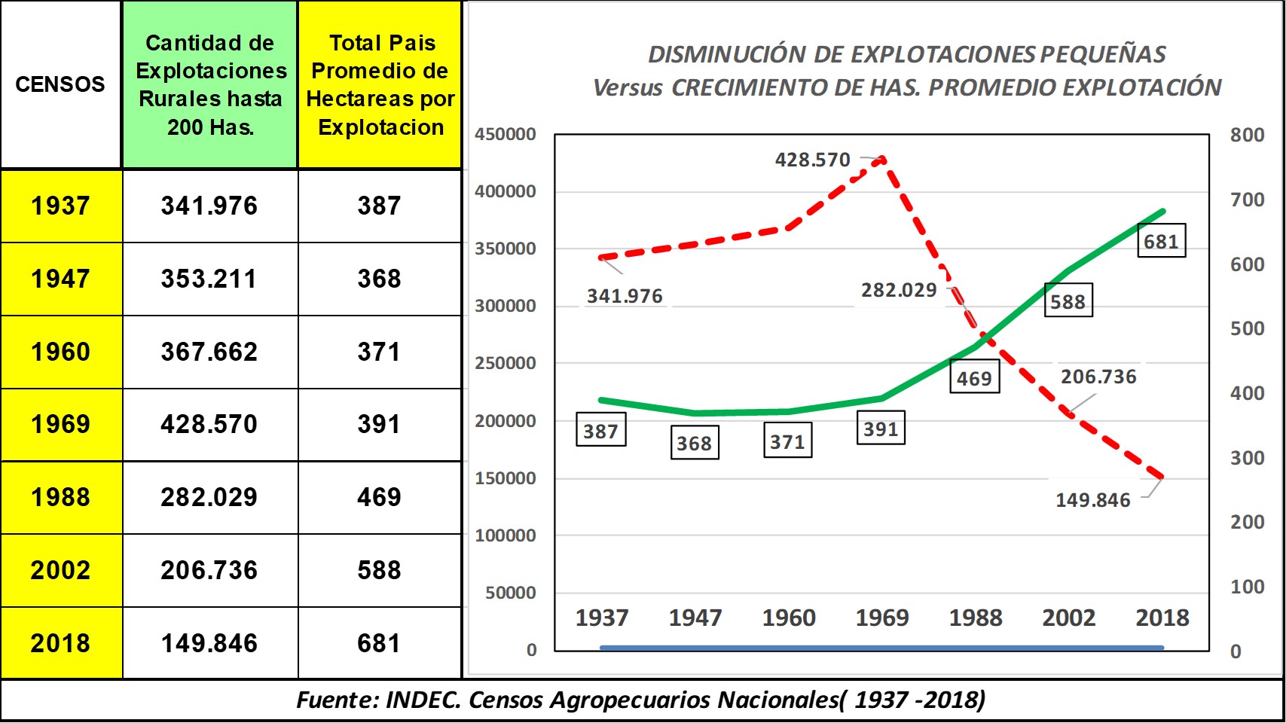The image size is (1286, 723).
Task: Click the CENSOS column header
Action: tap(60, 84)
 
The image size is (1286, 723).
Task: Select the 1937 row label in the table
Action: tap(60, 206)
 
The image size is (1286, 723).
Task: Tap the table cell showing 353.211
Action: tap(209, 279)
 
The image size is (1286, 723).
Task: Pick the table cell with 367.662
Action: tap(209, 352)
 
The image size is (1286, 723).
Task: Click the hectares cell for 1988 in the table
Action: tap(379, 497)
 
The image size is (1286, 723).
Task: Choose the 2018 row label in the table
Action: tap(60, 643)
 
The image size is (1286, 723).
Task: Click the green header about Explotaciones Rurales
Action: tap(210, 84)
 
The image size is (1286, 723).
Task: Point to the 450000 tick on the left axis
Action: tap(506, 134)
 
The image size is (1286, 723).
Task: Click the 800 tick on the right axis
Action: tap(1247, 135)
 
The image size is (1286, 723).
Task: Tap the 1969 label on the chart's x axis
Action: tap(882, 618)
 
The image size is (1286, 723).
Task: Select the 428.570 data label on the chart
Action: tap(812, 160)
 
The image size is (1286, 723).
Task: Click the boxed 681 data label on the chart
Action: tap(1161, 241)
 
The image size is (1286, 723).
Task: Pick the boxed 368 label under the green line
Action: tap(694, 443)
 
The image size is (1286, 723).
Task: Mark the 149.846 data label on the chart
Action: tap(1092, 500)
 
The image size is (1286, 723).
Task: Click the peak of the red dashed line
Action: tap(882, 159)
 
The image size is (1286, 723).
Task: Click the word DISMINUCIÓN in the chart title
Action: tap(726, 54)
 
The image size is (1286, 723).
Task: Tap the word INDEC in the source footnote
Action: tap(423, 700)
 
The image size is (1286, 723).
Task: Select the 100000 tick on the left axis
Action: tap(506, 535)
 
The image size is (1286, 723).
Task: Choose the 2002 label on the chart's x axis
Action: tap(1069, 618)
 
